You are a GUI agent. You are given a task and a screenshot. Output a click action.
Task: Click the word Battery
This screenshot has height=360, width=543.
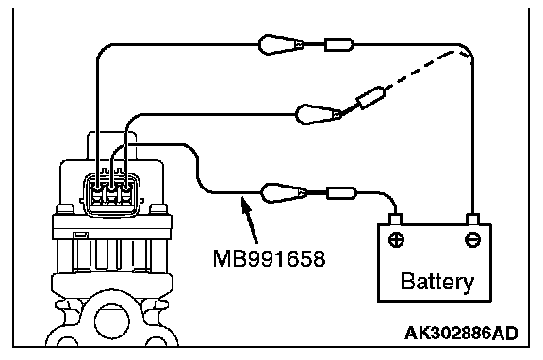point(437,282)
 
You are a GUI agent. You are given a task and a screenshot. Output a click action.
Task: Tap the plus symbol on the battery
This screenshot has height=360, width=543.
point(396,239)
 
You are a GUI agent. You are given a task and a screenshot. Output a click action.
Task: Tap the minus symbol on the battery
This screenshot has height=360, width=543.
point(472,239)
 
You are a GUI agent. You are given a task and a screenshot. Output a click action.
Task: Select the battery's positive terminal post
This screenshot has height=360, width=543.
point(396,220)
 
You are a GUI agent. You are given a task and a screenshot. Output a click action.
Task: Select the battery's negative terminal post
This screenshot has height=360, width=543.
point(472,220)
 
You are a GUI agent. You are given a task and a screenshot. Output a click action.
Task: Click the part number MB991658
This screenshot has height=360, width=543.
point(269,258)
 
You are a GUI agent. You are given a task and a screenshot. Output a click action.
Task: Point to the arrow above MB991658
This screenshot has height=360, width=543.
point(250,221)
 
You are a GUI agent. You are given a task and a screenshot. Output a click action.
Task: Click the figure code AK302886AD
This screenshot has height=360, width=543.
point(461,334)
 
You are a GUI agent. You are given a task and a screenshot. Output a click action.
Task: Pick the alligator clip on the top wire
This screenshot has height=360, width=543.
point(281,44)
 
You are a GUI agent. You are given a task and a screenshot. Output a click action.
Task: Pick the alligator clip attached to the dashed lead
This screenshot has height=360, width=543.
point(319,114)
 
